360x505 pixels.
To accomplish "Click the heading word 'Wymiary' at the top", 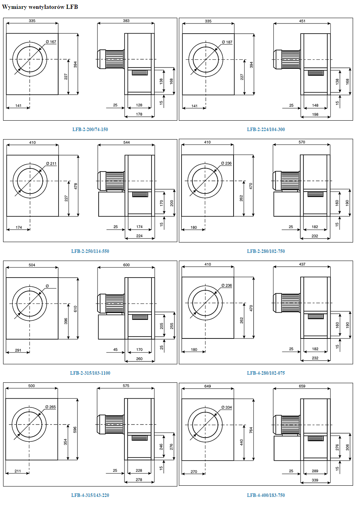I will point(14,7).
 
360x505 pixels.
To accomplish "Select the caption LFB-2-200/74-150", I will point(90,130).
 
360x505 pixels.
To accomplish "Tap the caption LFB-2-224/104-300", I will point(266,130).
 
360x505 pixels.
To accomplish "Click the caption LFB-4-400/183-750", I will point(266,495).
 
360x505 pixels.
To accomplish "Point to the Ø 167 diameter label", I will point(51,42).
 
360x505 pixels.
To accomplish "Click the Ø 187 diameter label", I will point(227,42).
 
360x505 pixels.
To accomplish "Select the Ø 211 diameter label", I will point(51,163).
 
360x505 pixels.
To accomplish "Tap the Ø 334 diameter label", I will point(226,407).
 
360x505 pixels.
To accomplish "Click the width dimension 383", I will point(126,21).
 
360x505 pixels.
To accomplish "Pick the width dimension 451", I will point(302,21).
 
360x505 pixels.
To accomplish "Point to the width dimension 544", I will point(126,142).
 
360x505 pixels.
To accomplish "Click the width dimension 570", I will point(302,142).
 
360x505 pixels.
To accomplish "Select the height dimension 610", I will point(76,308).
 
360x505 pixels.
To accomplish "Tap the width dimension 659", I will point(302,386).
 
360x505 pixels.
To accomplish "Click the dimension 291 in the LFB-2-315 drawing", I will point(18,350).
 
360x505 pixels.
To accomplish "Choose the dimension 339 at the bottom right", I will point(315,480).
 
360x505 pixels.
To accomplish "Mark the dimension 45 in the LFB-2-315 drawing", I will point(116,350).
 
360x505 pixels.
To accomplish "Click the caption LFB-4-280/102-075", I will point(266,373).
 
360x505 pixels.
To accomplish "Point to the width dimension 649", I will point(207,386).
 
